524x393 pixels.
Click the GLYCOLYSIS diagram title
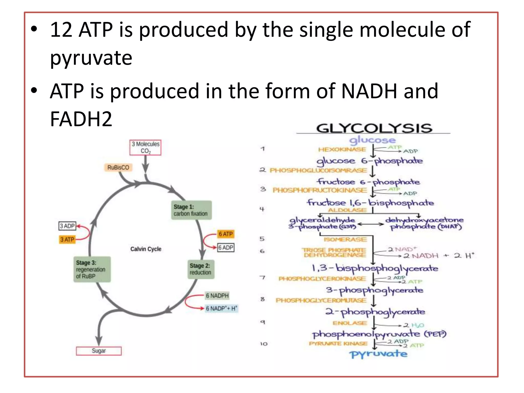374,128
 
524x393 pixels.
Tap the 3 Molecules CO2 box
145,147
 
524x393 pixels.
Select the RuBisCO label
118,168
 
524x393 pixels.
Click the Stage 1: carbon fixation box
191,210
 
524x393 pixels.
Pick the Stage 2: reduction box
201,269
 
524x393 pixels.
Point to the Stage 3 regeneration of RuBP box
92,269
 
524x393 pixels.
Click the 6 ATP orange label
225,234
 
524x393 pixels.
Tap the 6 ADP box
226,247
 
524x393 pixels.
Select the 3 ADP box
67,226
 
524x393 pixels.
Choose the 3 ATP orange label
67,239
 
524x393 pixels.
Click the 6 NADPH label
217,296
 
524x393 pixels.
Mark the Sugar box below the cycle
99,351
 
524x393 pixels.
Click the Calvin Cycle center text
146,249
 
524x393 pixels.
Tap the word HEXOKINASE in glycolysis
342,149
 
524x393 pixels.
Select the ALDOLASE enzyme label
347,210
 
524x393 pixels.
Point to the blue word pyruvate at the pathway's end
378,354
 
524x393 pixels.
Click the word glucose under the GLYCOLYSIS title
372,140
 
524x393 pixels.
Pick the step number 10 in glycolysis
264,344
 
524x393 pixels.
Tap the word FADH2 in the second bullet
81,119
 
